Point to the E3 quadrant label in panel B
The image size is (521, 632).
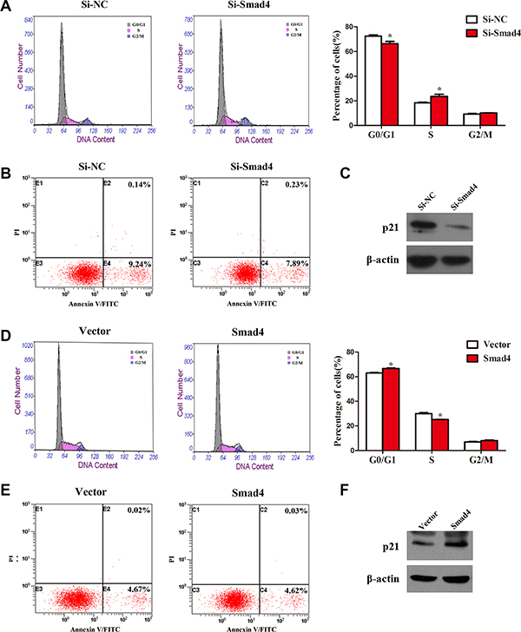point(41,260)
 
